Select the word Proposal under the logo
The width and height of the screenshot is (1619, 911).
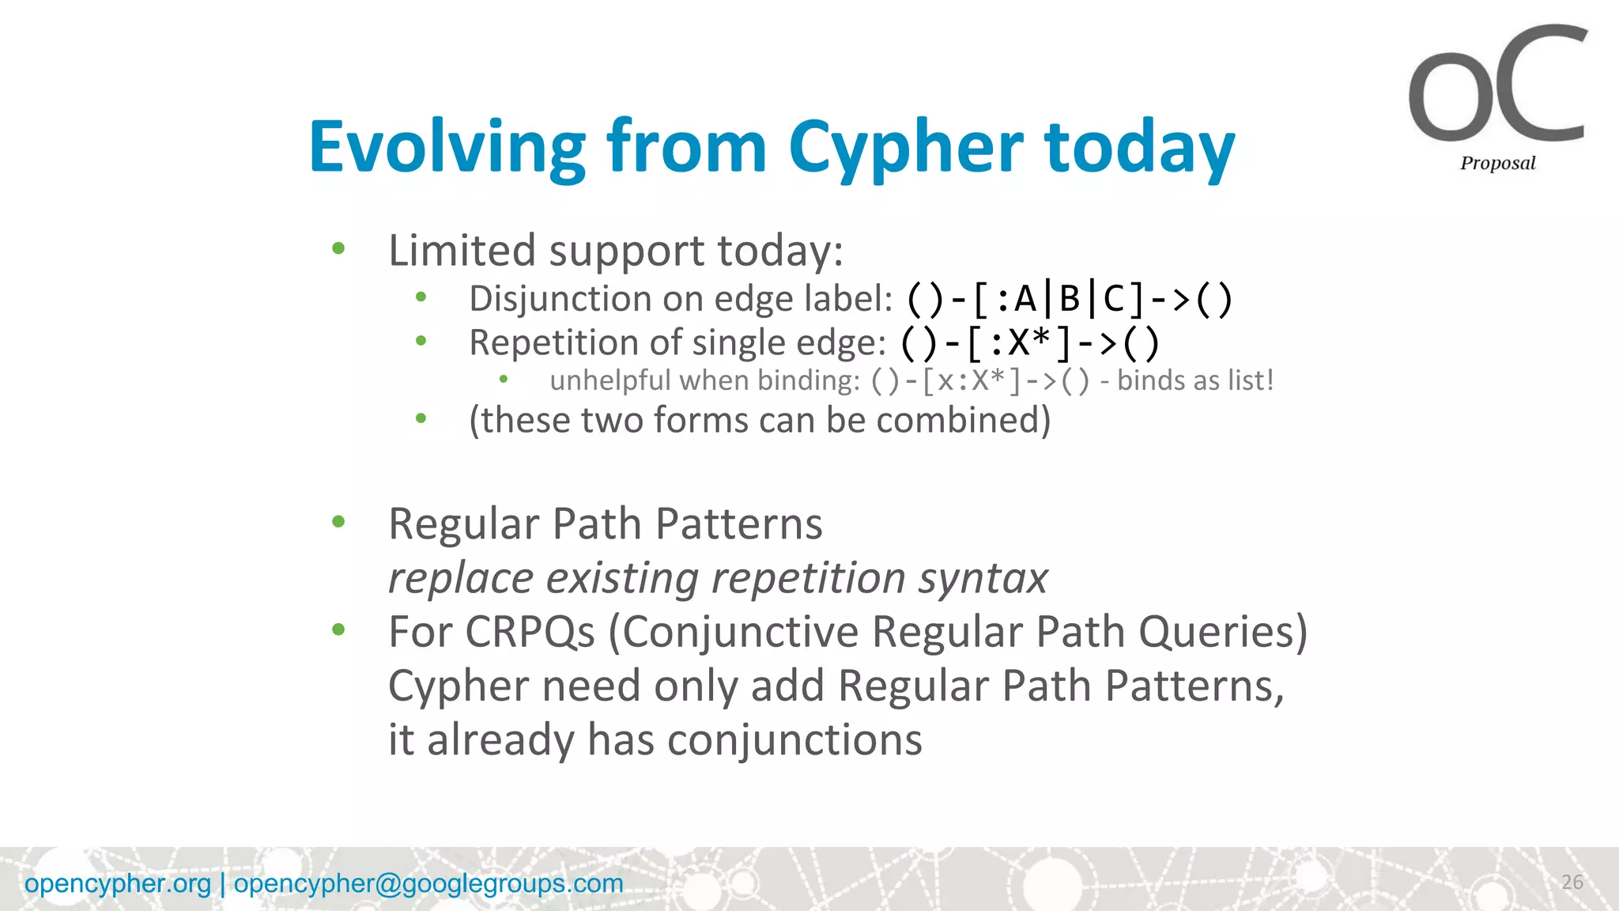(x=1497, y=163)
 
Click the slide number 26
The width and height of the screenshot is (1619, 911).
(x=1572, y=882)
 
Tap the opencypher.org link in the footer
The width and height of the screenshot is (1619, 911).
(x=118, y=883)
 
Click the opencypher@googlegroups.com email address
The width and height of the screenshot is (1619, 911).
(x=428, y=883)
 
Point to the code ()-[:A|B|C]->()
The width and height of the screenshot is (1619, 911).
(x=1069, y=299)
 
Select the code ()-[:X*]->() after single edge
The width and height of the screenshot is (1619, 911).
(x=1030, y=343)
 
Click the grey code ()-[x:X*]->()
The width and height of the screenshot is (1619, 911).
(x=980, y=381)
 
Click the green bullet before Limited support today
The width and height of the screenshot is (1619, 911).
(x=338, y=249)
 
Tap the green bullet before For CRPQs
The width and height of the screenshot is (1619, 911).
(x=338, y=630)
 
